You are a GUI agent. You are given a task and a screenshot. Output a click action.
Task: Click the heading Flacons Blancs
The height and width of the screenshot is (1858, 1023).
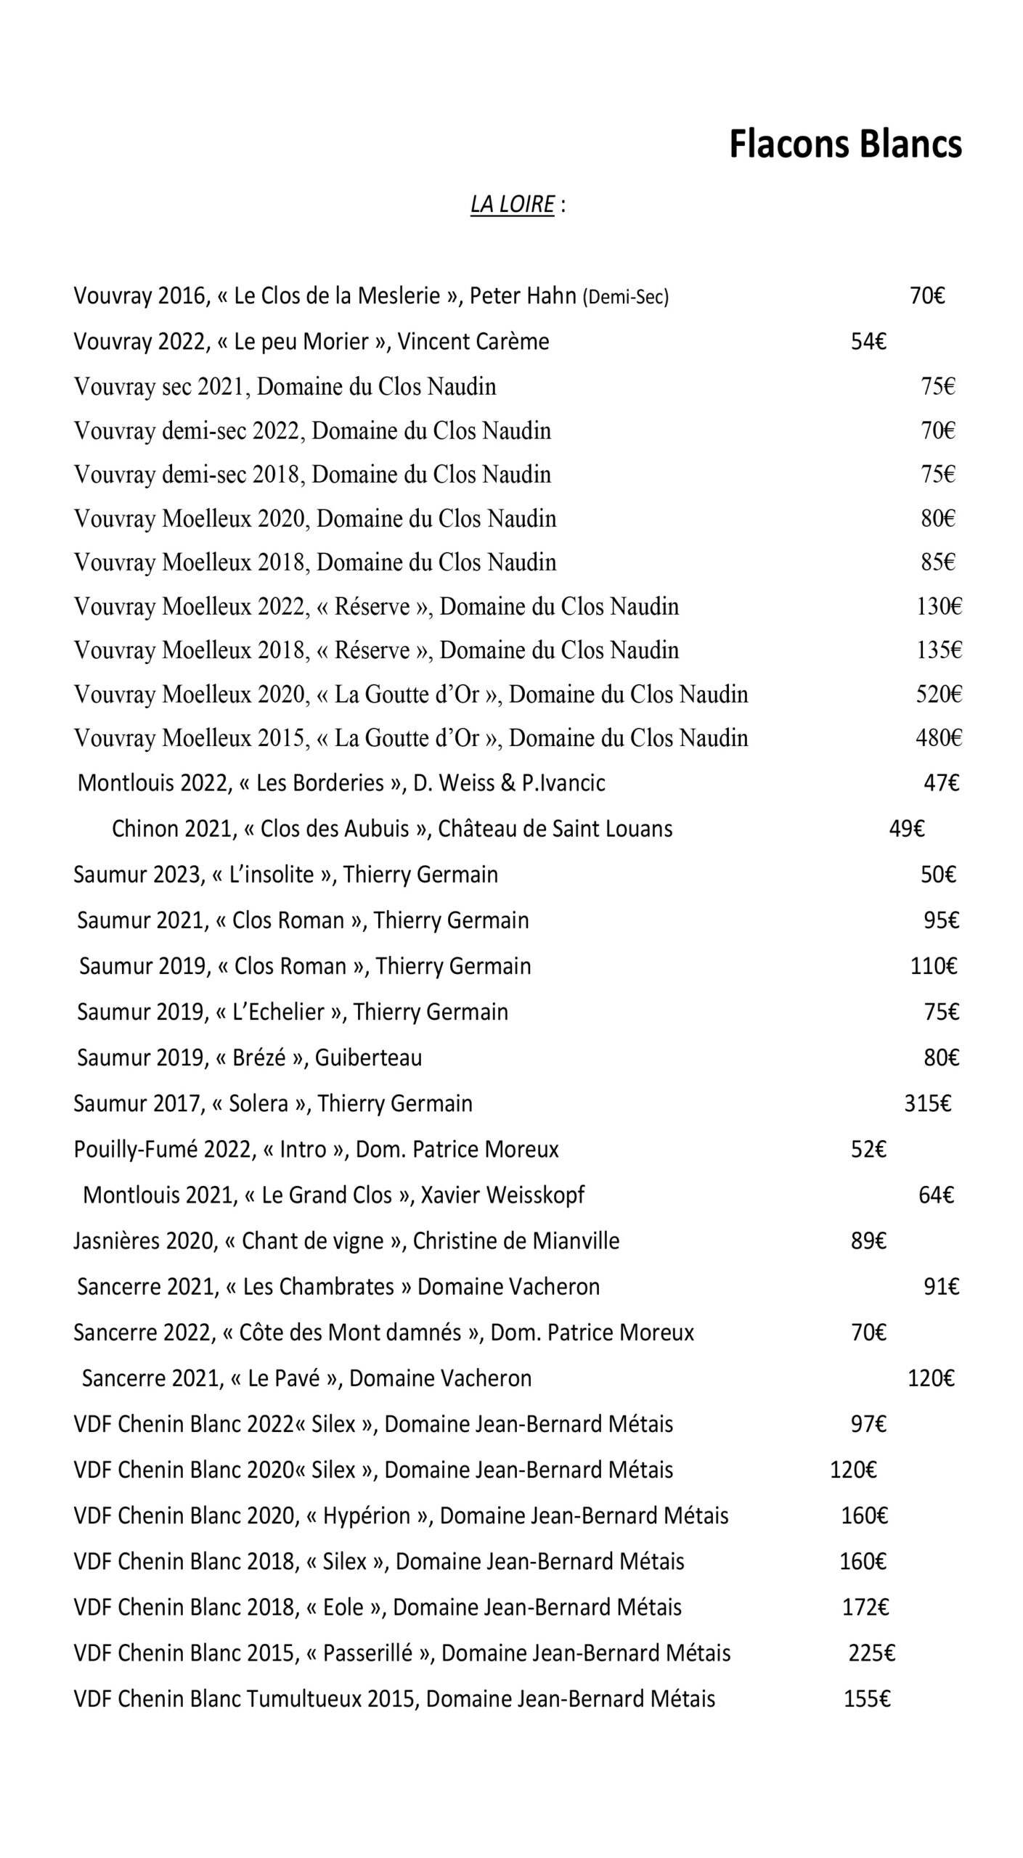coord(845,144)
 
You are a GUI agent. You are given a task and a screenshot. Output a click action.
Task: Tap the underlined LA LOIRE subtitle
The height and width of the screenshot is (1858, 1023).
coord(513,205)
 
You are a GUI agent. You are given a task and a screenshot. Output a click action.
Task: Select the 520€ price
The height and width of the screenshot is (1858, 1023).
coord(938,695)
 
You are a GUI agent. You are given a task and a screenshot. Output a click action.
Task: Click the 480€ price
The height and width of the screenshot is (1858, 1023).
coord(938,738)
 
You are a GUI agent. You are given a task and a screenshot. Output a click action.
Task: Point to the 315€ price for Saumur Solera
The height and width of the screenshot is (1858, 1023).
coord(927,1103)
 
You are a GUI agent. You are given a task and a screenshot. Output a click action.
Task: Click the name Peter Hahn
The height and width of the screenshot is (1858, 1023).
coord(522,296)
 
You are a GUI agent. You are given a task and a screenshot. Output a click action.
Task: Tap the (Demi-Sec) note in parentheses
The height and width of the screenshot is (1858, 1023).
coord(625,297)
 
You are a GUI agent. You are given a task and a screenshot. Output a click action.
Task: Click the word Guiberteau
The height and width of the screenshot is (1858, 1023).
coord(368,1057)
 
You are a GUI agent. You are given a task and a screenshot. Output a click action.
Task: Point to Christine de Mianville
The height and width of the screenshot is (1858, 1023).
coord(515,1240)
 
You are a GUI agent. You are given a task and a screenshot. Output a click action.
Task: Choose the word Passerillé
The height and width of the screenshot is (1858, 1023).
coord(369,1653)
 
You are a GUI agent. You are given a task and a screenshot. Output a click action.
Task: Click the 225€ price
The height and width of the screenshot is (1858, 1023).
coord(871,1653)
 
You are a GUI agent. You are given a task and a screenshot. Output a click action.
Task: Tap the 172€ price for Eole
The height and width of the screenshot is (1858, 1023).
coord(865,1607)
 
